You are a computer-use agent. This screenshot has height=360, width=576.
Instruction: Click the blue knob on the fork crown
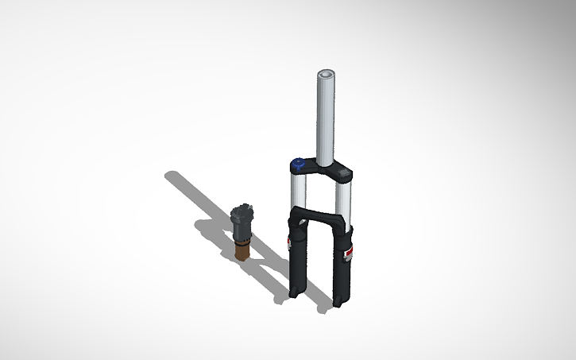point(298,165)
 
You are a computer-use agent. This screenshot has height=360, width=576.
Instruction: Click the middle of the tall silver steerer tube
point(327,119)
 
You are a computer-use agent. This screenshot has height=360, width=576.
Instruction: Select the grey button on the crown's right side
point(343,171)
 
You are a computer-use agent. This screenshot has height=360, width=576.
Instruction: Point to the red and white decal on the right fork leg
point(348,253)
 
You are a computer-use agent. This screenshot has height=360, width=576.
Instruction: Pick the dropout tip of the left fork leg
point(296,295)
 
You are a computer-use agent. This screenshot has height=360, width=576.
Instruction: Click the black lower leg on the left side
point(296,262)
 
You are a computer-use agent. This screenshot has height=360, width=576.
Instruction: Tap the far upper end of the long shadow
point(170,175)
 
